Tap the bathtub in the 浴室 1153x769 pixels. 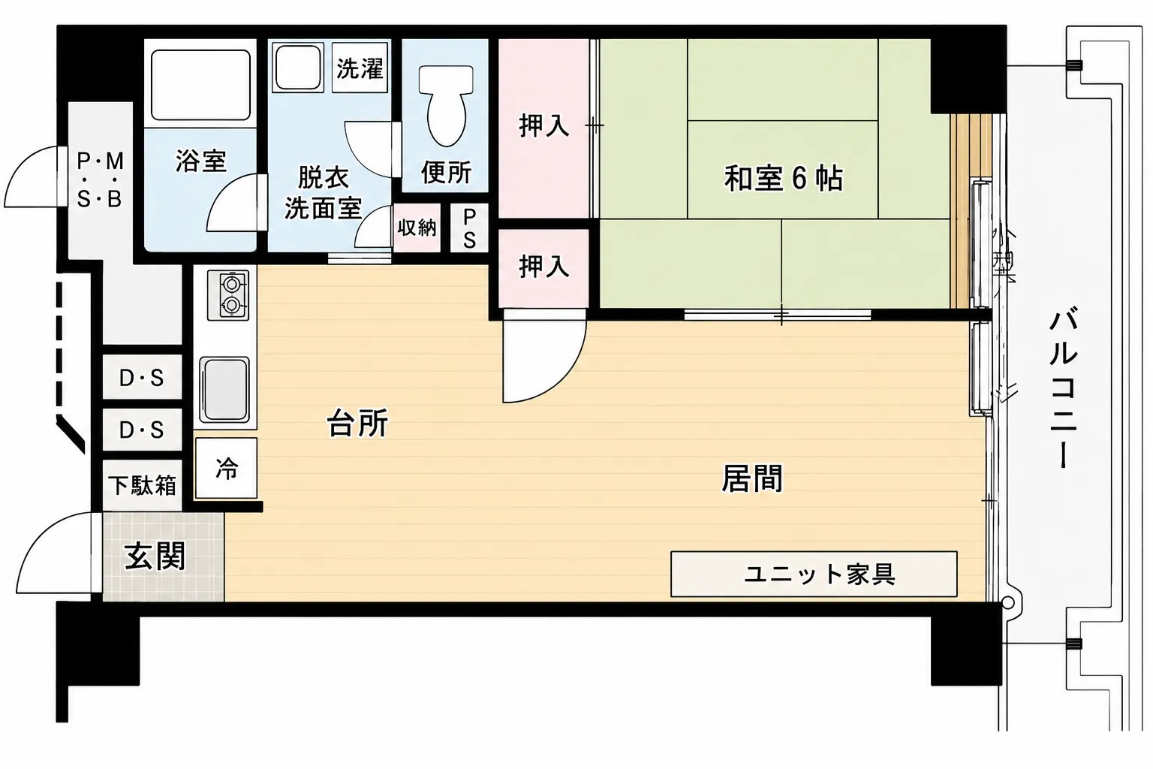pos(200,84)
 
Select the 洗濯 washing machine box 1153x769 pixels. pos(360,68)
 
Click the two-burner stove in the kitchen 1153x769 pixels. pos(228,295)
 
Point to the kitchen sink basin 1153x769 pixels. pos(224,390)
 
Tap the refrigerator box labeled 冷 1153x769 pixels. pos(226,468)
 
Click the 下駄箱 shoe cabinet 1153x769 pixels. pos(142,485)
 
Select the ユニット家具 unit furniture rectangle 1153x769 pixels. pos(814,574)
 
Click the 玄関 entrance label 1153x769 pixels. pos(155,556)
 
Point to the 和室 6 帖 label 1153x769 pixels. pos(783,178)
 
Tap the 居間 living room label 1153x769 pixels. pos(752,478)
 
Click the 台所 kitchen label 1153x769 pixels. pos(358,424)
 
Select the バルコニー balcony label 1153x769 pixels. pos(1064,388)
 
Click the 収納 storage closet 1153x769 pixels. pos(417,228)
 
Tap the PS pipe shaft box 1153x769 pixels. pos(469,228)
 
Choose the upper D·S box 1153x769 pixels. pos(142,377)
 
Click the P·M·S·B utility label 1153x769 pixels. pos(100,179)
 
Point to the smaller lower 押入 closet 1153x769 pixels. pos(543,268)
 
